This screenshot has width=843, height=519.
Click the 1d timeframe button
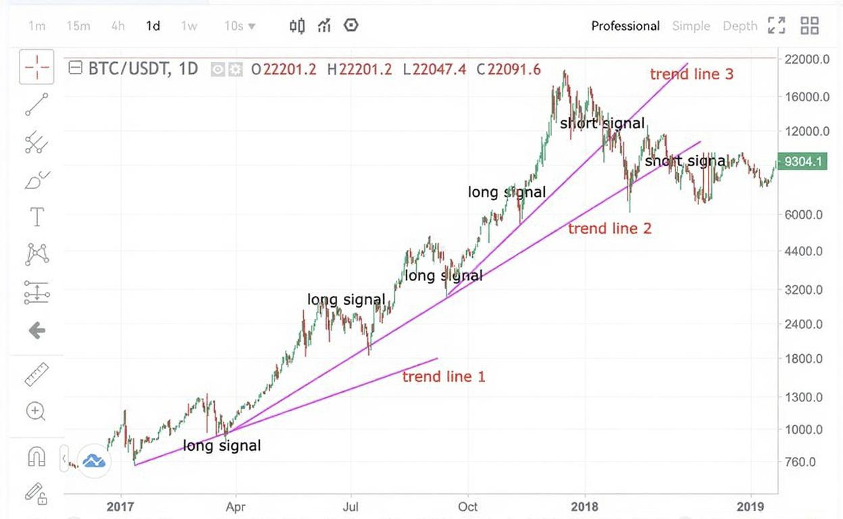(x=153, y=26)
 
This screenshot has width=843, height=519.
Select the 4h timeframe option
(x=118, y=26)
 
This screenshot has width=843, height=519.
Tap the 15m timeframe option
(x=78, y=26)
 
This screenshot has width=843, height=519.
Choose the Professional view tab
(x=625, y=26)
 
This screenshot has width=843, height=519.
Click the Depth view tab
(x=740, y=26)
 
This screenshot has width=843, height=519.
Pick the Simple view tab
(x=691, y=26)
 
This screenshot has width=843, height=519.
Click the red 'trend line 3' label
(x=692, y=74)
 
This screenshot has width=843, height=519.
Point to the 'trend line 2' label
(x=610, y=228)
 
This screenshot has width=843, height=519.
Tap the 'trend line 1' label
(x=444, y=376)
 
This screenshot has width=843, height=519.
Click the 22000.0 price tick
(x=807, y=59)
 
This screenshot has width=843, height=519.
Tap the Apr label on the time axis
(x=235, y=506)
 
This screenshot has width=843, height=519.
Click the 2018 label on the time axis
(x=585, y=506)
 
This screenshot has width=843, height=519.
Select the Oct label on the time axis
(x=467, y=506)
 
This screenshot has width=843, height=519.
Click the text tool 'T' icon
(x=36, y=217)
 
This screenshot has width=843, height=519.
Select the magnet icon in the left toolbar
(x=36, y=458)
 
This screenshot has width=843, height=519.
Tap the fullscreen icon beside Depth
(x=777, y=26)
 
